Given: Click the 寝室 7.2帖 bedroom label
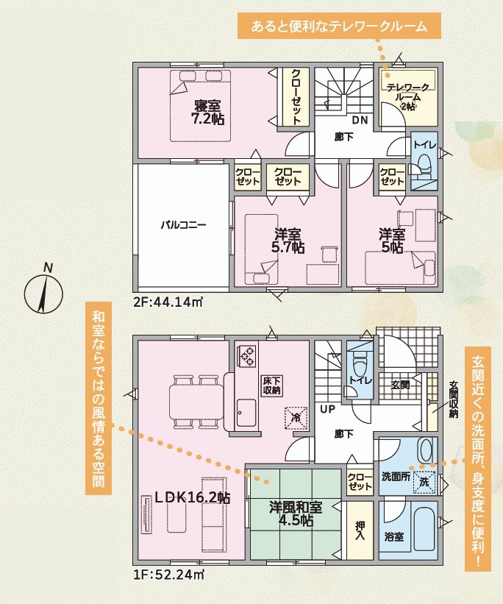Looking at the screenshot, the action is click(x=207, y=112).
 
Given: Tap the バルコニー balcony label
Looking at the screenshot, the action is click(x=183, y=224).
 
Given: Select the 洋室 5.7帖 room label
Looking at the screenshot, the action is click(x=288, y=241).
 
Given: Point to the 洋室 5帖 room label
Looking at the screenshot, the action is click(x=392, y=241).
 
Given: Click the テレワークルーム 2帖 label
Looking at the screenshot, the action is click(x=408, y=96).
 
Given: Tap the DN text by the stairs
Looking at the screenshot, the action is click(x=360, y=120).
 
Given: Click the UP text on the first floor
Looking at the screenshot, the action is click(x=328, y=409).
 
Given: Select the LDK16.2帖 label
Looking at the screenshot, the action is click(x=192, y=497).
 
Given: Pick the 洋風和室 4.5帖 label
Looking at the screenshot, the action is click(x=296, y=514).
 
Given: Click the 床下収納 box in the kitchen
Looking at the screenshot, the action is click(x=271, y=386).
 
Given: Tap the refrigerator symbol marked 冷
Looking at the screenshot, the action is click(x=296, y=418).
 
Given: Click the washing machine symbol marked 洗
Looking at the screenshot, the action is click(x=424, y=482).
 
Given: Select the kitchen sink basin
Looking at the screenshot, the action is click(x=246, y=413).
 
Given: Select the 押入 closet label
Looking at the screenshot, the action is click(x=360, y=530).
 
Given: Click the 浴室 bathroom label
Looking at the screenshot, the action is click(x=394, y=536).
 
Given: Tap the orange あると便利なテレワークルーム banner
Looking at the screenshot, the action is click(x=339, y=26).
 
